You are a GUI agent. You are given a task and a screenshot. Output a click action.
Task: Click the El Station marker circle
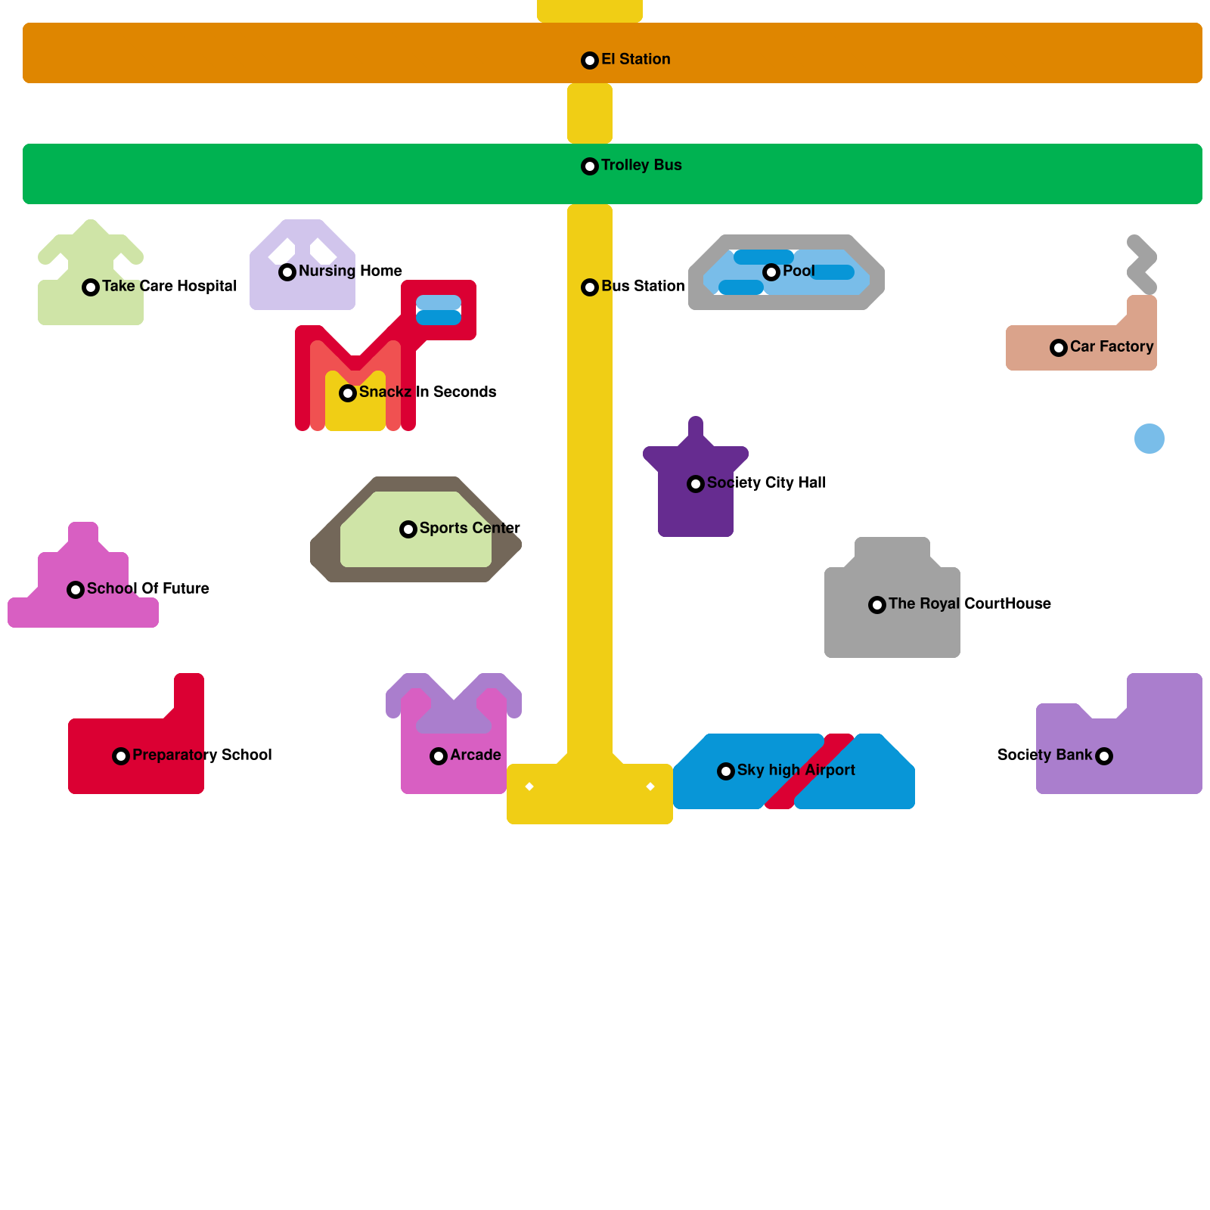(590, 60)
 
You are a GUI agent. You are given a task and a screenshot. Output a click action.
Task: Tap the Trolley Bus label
(641, 165)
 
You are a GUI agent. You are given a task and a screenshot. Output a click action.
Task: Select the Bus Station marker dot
(590, 287)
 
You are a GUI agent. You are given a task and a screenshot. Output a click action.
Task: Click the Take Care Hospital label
(169, 286)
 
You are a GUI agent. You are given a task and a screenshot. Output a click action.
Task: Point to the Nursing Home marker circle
(287, 272)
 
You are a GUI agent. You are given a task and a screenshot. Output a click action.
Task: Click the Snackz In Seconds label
(427, 392)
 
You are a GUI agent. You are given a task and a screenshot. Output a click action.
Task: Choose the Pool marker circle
(771, 272)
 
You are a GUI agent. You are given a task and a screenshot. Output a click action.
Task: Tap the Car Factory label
(1112, 346)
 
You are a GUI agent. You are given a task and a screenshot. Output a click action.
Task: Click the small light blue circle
(1149, 439)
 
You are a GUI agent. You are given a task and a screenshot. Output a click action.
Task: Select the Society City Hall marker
(696, 484)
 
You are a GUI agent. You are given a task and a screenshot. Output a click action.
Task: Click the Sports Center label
(470, 528)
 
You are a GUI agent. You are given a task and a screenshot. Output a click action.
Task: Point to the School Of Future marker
(76, 590)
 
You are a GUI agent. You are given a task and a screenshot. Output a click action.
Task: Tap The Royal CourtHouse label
(970, 603)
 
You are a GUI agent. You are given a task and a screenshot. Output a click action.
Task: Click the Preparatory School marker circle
(121, 756)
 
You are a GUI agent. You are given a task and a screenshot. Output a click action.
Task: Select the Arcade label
(475, 755)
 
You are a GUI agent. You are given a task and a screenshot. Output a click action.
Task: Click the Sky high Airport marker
(726, 771)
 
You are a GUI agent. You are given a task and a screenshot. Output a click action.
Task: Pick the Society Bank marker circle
(1104, 756)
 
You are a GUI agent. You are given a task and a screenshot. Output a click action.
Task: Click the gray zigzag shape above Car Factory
(1142, 265)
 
